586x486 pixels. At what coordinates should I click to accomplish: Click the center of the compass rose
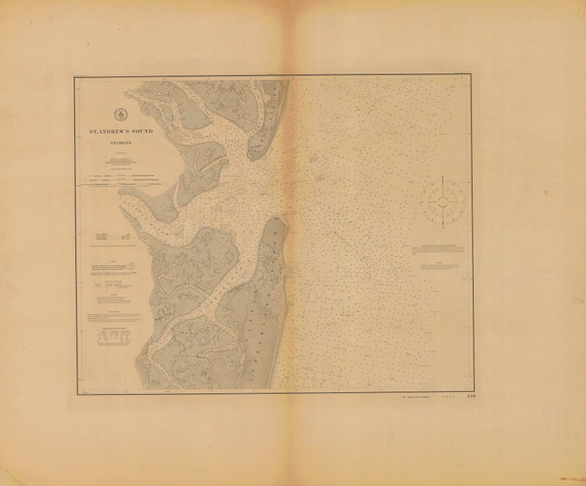tap(442, 201)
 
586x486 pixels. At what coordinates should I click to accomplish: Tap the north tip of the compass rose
tap(442, 176)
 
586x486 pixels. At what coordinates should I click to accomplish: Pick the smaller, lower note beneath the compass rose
tap(451, 264)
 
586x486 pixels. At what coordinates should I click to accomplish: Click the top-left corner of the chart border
tap(73, 77)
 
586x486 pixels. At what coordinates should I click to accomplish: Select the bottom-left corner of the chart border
tap(73, 392)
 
